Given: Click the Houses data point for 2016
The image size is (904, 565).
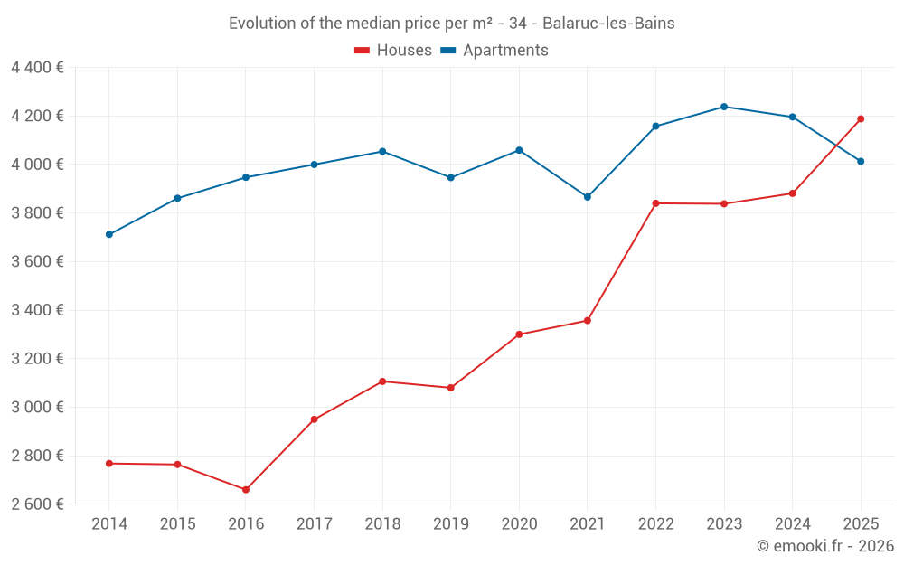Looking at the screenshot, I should tap(246, 490).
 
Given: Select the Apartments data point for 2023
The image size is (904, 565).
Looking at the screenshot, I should tap(724, 107).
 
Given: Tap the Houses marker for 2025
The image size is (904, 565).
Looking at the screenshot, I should tap(861, 118).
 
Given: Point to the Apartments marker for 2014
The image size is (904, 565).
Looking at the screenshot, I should tap(109, 234).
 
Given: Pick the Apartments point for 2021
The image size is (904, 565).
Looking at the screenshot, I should tap(588, 197).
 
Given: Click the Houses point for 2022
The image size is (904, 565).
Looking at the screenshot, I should tap(655, 203).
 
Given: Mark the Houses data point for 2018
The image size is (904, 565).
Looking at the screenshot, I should tap(382, 381).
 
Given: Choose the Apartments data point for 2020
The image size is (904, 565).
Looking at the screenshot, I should tap(519, 150).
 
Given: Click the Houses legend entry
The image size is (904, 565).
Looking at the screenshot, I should tap(393, 51).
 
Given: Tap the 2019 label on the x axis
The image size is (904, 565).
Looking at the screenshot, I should tap(450, 524).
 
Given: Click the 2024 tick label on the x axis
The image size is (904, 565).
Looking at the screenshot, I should tap(792, 524).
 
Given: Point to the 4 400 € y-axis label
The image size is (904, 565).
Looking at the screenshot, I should tap(37, 68).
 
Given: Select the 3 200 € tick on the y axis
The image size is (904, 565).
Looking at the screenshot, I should tap(37, 359).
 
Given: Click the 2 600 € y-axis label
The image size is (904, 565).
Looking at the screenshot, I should tap(37, 504).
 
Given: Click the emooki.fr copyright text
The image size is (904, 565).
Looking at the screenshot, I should tap(825, 546).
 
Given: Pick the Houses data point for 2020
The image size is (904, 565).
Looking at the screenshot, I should tap(519, 334).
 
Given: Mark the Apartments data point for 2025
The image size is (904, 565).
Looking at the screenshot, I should tap(861, 162).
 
